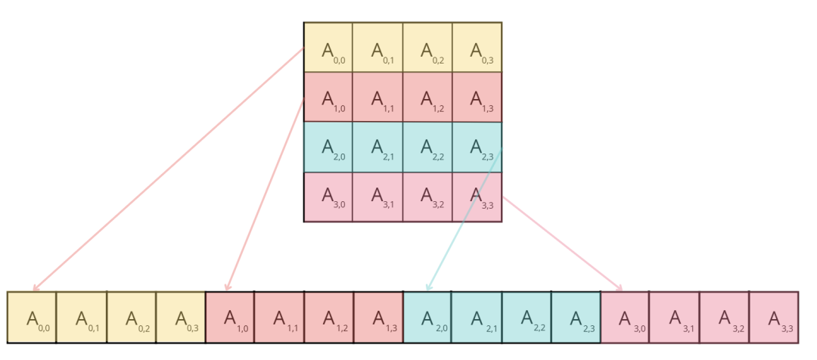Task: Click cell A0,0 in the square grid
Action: [x=328, y=48]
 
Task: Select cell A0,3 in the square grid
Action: [x=477, y=48]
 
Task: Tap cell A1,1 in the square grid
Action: [x=377, y=98]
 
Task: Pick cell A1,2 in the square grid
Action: [x=427, y=98]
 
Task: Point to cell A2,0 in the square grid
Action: [x=328, y=147]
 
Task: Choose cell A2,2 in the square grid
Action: [x=427, y=147]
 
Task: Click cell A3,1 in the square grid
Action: [x=377, y=197]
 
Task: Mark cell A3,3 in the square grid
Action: [x=477, y=197]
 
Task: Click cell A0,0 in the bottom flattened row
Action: [x=32, y=318]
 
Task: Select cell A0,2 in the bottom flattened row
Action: [x=131, y=318]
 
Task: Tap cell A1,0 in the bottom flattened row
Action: [x=230, y=318]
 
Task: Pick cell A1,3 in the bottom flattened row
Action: [x=378, y=318]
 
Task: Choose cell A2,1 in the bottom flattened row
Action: [x=477, y=318]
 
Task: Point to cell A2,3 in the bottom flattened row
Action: [x=576, y=318]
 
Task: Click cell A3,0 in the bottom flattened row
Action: [x=625, y=318]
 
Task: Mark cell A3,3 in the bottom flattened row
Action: [x=774, y=318]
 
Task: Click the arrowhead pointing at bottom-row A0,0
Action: [x=35, y=287]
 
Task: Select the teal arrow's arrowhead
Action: [x=428, y=287]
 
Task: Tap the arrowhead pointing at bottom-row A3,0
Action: [x=620, y=288]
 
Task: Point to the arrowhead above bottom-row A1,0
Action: [x=227, y=287]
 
